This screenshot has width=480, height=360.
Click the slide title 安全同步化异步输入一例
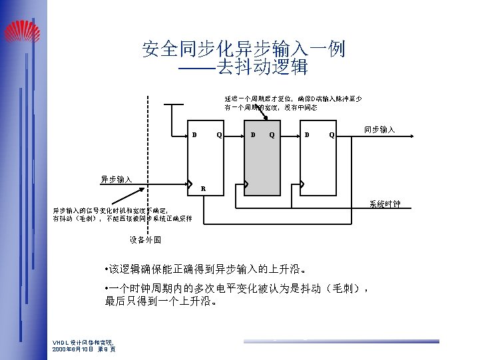[x=244, y=49]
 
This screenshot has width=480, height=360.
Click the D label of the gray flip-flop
[x=252, y=135]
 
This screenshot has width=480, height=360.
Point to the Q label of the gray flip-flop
[x=272, y=135]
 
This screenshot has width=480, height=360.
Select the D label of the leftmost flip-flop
[x=195, y=135]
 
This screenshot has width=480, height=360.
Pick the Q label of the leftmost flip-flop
[x=218, y=135]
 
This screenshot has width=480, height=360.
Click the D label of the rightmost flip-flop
[x=307, y=135]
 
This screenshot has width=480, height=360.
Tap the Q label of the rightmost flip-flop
[x=332, y=135]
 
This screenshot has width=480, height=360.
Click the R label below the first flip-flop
[x=203, y=187]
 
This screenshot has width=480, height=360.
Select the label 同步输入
[x=379, y=130]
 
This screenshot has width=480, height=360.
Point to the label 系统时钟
[x=385, y=204]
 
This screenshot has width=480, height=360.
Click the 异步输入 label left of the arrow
[x=116, y=179]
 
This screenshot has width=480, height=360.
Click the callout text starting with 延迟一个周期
[x=292, y=102]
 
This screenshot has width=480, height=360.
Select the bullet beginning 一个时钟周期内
[x=236, y=295]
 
